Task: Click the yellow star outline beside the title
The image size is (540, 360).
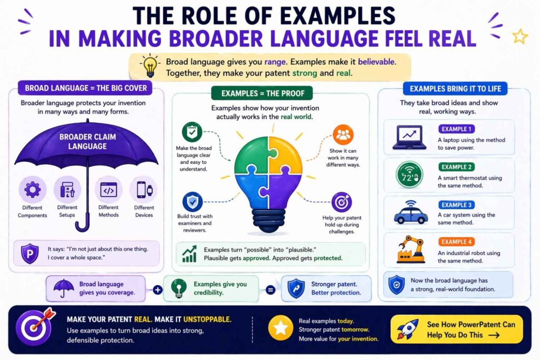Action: point(519,36)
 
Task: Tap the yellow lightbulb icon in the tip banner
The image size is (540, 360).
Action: point(150,66)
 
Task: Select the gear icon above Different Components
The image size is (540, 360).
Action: point(32,189)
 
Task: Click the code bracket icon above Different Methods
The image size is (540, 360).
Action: point(109,190)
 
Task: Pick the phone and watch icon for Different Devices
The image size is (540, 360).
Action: point(144,190)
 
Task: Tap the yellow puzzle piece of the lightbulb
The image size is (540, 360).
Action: point(285,154)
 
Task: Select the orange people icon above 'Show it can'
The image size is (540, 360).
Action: point(343,134)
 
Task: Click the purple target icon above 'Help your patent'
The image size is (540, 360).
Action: point(341,202)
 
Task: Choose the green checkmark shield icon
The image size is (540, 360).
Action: point(192,132)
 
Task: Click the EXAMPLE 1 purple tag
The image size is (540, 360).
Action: point(456,129)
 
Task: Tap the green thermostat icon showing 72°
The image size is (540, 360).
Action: point(409,175)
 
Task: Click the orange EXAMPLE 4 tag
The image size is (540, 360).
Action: point(456,241)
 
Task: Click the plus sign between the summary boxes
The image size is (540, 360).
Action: point(157,290)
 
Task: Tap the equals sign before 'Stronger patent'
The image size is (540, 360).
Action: point(271,290)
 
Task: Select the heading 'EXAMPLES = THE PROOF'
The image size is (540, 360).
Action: point(263,93)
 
